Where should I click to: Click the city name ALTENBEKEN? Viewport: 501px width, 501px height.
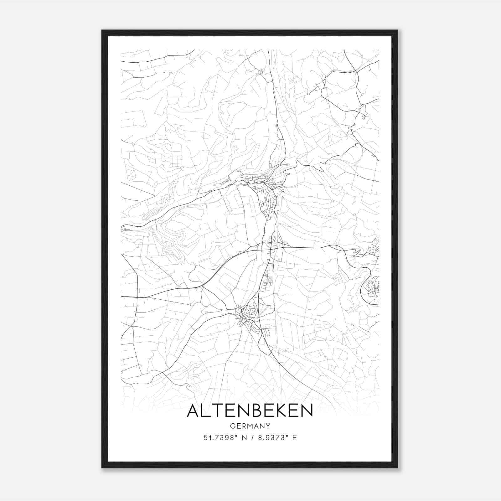click(250, 411)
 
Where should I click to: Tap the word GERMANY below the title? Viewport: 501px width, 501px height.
click(250, 426)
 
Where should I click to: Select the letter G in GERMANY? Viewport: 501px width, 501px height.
click(232, 426)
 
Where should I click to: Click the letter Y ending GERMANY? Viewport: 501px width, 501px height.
click(268, 426)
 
